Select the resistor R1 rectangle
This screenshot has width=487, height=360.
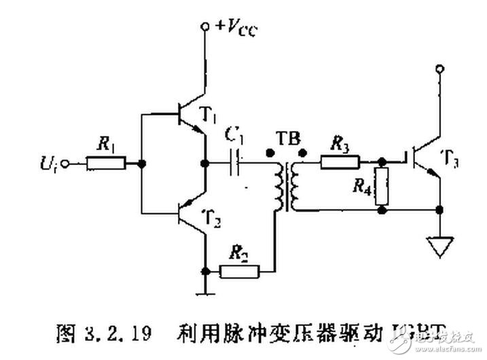pos(106,163)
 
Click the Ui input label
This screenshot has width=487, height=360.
pos(50,163)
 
